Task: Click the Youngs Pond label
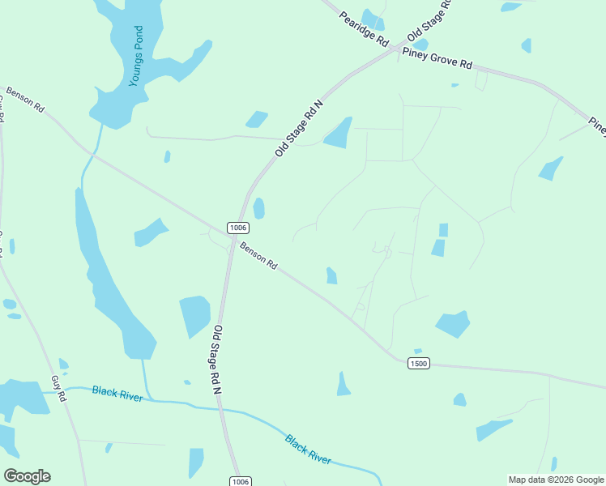tap(138, 56)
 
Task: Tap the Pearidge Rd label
tap(365, 29)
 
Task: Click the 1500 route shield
tap(418, 364)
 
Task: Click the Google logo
tap(27, 476)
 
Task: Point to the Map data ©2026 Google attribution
tap(557, 480)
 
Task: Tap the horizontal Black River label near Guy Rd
tap(117, 393)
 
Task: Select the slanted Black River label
tap(308, 449)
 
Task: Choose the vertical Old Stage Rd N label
tap(217, 360)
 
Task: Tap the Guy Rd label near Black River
tap(58, 389)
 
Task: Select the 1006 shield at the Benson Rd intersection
tap(237, 228)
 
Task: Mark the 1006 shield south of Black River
tap(240, 481)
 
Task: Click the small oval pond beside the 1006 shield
tap(258, 208)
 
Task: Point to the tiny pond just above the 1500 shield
tap(417, 352)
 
